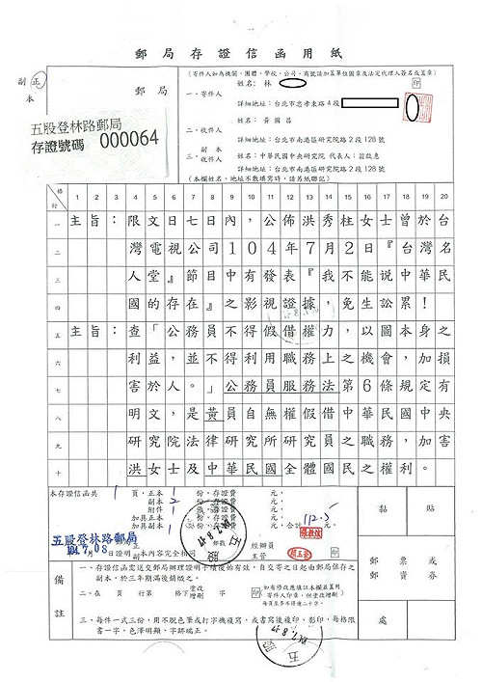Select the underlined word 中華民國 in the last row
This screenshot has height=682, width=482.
click(247, 470)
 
